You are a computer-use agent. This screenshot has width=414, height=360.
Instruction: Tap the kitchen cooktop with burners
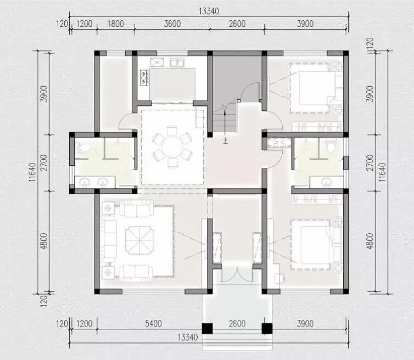pos(144,78)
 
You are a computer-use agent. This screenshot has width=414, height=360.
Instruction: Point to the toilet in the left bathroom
pos(83,148)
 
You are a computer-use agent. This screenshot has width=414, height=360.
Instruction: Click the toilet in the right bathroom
pos(331,146)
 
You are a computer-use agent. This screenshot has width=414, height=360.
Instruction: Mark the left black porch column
pos(207,328)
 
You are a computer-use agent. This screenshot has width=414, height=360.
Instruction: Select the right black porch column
pos(267,328)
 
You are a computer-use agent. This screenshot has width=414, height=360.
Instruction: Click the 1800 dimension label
pos(116,24)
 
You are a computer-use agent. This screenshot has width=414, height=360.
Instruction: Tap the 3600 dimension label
pos(172,24)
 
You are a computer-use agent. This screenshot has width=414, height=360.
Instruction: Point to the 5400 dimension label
pos(153,323)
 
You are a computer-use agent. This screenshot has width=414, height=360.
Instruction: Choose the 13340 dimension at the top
pos(209,11)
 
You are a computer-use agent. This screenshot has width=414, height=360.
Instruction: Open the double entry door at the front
pos(237,274)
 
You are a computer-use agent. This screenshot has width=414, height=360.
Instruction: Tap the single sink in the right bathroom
pos(327,182)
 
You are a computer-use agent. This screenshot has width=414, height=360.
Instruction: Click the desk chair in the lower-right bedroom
pos(279,278)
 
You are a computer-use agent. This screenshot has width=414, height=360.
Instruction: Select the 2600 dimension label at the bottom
pos(237,323)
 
